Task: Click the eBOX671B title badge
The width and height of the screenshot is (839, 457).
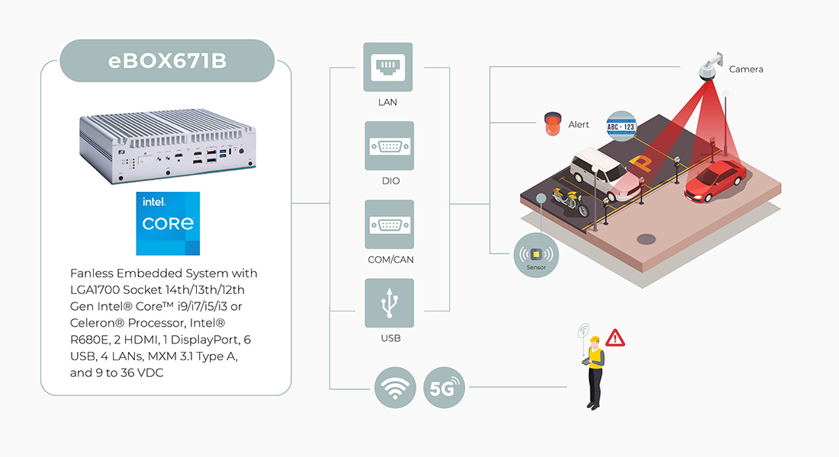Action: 166,60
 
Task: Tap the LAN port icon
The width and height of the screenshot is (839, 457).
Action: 389,68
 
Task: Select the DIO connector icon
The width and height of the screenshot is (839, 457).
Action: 389,146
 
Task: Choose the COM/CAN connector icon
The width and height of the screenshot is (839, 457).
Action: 389,225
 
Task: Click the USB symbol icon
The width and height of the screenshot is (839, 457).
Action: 389,303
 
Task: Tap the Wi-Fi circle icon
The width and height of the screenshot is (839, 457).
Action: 395,388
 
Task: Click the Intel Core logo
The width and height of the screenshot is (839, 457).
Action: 168,223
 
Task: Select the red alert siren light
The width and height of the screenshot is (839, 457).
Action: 552,124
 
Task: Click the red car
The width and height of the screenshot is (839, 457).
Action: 714,181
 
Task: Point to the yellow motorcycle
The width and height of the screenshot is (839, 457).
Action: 571,201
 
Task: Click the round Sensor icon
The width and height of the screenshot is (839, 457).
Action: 534,255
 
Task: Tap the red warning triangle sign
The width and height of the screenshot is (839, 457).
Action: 615,337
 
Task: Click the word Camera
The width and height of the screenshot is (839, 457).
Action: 745,69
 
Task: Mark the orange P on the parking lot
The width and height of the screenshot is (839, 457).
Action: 639,162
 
